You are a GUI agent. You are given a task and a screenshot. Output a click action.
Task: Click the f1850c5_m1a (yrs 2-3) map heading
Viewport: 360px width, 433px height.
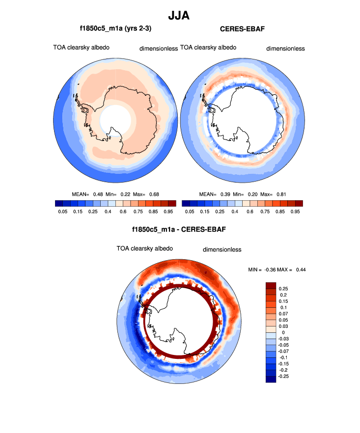click(116, 29)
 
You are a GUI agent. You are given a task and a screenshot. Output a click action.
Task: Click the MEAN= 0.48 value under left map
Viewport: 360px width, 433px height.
click(88, 194)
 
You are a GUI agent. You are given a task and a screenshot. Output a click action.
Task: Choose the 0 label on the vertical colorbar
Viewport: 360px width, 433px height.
click(283, 332)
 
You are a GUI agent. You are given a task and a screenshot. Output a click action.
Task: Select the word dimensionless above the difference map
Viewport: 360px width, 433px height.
click(222, 249)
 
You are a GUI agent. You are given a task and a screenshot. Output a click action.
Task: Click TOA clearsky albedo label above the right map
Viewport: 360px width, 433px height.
click(208, 48)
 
